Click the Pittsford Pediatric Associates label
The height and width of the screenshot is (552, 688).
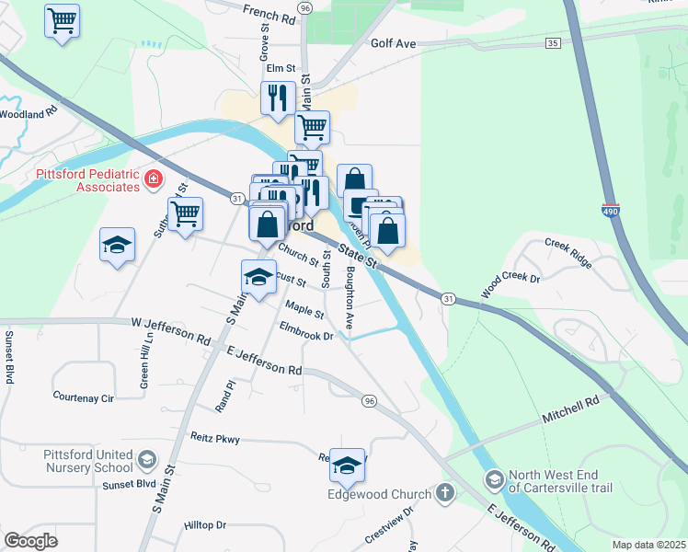87,179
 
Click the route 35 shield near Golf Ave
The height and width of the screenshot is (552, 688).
552,43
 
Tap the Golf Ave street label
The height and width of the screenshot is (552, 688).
394,43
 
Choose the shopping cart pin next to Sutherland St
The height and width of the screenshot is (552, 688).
186,214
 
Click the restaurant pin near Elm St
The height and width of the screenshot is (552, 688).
277,97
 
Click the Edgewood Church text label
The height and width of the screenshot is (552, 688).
379,494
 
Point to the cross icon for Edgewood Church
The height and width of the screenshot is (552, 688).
445,493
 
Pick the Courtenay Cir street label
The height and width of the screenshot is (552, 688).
83,398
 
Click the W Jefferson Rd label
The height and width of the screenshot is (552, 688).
170,331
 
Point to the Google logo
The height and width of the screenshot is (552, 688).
30,541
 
